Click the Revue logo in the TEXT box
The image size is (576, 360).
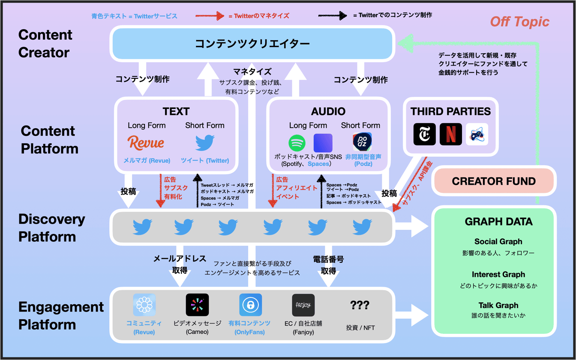coord(146,143)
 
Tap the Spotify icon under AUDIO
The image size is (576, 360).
coord(296,143)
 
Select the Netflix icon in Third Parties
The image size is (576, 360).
coord(451,134)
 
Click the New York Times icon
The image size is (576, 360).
coord(424,134)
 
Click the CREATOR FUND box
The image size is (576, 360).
coord(493,181)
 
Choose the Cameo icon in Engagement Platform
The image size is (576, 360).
coord(197,305)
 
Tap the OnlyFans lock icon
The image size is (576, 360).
coord(250,305)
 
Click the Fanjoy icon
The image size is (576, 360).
coord(303,305)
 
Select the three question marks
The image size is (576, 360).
coord(360,305)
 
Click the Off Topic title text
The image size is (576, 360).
coord(519,21)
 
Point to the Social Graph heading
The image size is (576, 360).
coord(498,242)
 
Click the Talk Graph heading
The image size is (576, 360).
coord(498,306)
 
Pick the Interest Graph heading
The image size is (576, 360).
coord(498,274)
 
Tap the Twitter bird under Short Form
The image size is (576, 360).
coord(204,143)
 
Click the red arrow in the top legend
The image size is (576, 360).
coord(210,16)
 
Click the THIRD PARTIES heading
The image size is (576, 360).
coord(450,112)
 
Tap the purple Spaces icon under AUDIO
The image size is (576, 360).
coord(323,143)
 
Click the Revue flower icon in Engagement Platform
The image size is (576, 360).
coord(144,305)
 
